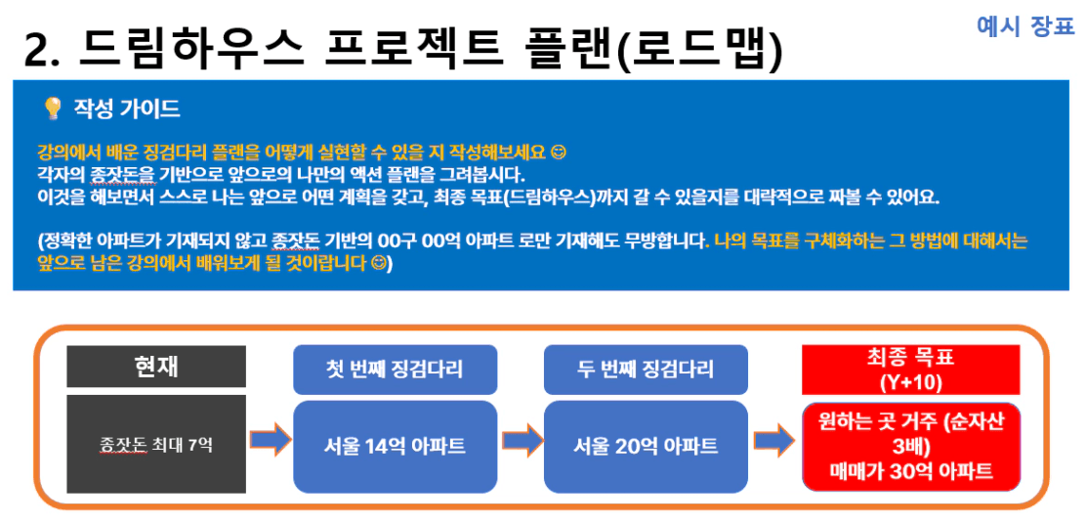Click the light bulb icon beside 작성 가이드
(x=52, y=109)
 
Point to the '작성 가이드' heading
(x=127, y=109)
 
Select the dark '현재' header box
(x=156, y=366)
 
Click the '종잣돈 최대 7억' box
(x=156, y=444)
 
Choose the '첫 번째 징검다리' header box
(x=396, y=368)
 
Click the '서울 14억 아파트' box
(x=396, y=447)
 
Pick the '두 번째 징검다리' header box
(x=646, y=368)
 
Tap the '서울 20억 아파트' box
(x=646, y=447)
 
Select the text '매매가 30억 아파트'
(x=911, y=470)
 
